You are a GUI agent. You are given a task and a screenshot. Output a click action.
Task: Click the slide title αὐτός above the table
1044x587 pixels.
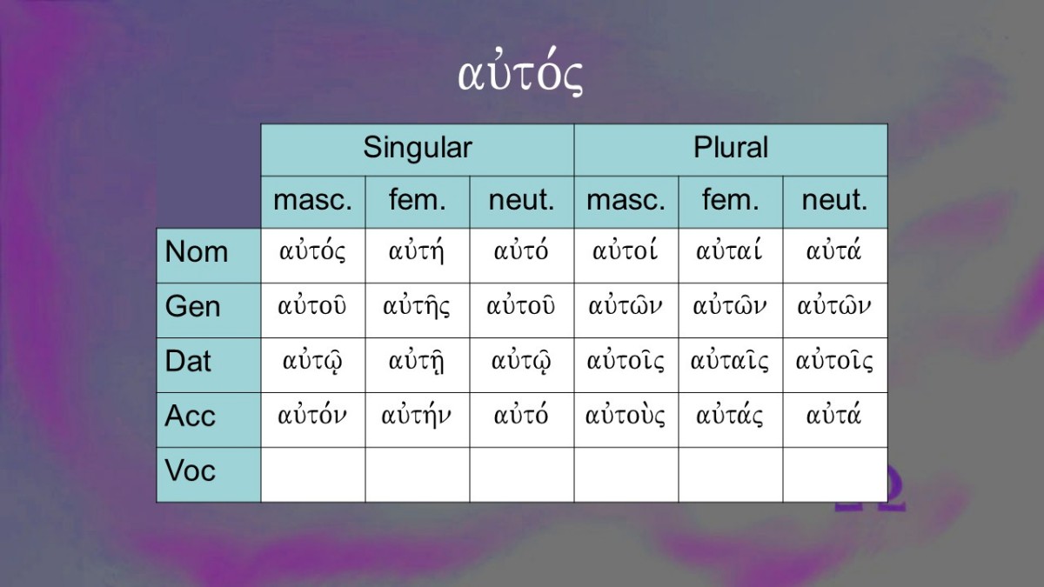(x=520, y=72)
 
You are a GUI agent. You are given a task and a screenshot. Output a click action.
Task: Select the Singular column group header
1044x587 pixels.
(x=417, y=148)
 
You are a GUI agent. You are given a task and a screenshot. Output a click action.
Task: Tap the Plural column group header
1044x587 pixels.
(x=730, y=148)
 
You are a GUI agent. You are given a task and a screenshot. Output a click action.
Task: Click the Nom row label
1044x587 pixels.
(x=197, y=252)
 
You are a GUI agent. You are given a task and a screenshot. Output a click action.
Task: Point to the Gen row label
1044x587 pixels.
(x=192, y=307)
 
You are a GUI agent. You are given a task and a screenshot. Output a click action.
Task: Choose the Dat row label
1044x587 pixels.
(x=187, y=361)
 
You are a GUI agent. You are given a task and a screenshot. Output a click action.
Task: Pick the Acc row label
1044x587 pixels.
(x=190, y=416)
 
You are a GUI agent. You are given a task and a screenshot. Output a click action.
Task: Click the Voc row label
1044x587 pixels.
(x=190, y=470)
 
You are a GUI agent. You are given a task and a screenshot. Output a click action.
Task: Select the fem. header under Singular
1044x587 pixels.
(x=417, y=200)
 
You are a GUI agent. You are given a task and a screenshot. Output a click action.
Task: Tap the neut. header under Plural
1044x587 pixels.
(x=834, y=200)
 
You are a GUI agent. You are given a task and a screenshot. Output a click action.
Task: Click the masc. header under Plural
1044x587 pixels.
(x=626, y=200)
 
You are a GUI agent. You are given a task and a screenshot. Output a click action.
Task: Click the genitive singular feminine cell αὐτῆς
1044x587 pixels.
(x=417, y=305)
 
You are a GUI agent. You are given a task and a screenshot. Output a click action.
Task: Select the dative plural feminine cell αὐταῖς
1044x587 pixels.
(x=729, y=360)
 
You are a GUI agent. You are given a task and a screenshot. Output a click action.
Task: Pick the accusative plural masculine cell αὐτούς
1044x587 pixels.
(x=625, y=415)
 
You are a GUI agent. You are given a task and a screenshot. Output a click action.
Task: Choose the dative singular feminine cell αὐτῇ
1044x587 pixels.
(x=417, y=361)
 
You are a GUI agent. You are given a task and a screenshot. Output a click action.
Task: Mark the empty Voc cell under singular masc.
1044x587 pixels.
(x=312, y=475)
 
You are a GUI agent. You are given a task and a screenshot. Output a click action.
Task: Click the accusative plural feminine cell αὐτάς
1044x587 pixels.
(x=729, y=415)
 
